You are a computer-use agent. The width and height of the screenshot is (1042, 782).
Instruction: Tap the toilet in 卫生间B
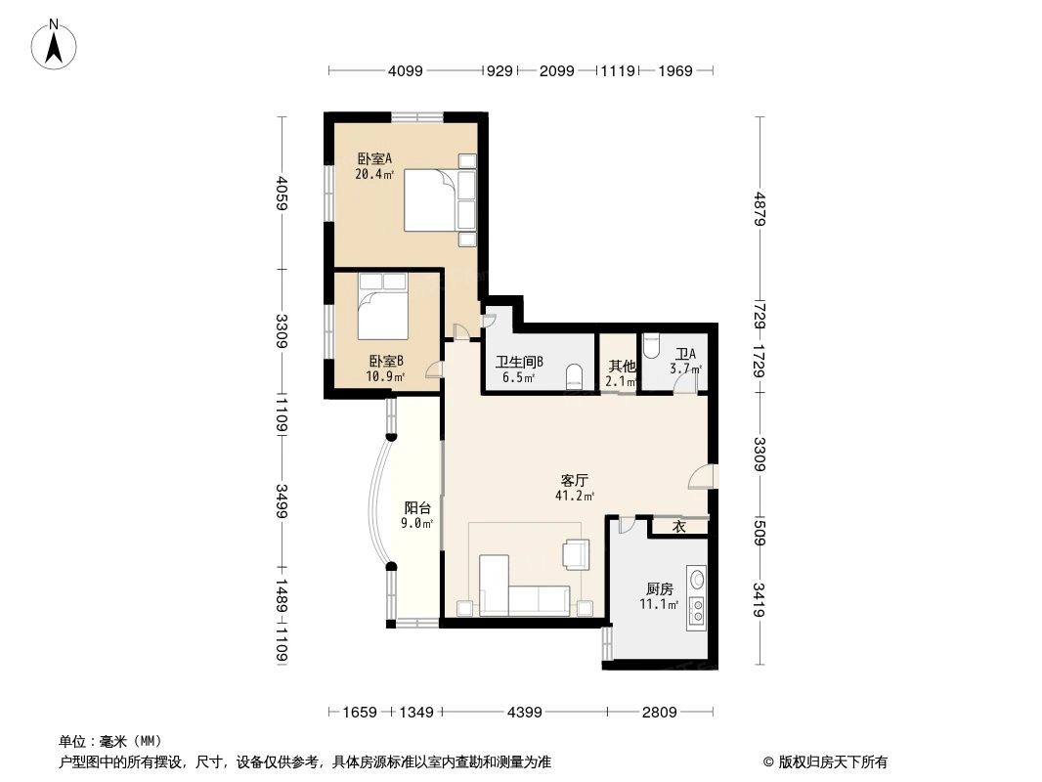[576, 375]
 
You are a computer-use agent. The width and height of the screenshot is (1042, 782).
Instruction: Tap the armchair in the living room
[577, 553]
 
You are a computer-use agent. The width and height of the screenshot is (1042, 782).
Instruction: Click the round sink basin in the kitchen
[697, 580]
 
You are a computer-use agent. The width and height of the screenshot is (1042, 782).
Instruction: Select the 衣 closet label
[678, 527]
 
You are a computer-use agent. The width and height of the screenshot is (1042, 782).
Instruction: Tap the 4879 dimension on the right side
[760, 207]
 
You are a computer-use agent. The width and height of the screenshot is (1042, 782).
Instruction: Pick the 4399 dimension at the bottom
[525, 712]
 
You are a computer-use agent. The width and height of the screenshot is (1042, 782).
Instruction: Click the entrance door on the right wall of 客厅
[701, 477]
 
